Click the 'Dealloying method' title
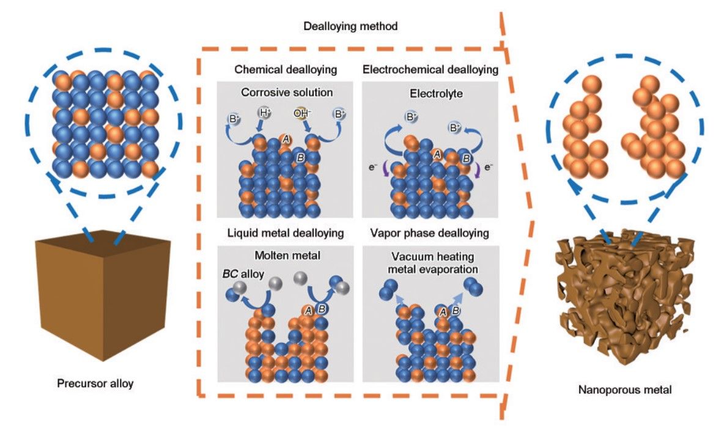coord(350,26)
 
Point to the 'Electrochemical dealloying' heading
coord(430,69)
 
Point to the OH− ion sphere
coord(304,114)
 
